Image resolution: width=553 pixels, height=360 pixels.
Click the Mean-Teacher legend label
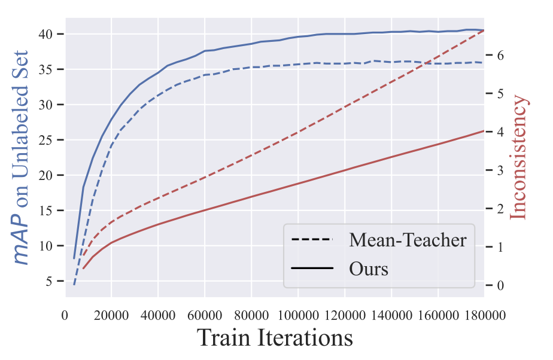point(408,240)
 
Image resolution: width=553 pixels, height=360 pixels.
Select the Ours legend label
point(369,269)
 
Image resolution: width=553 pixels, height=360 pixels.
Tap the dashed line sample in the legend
point(312,240)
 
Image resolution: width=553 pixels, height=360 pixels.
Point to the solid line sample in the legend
point(312,269)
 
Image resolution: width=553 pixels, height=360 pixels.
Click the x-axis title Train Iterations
point(274,338)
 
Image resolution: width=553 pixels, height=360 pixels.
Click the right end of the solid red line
point(484,131)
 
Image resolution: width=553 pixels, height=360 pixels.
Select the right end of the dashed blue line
point(484,62)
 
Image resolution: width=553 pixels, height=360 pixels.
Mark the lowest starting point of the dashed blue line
point(74,285)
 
